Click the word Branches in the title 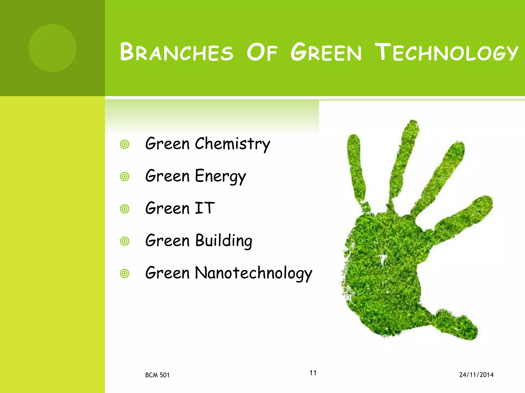(177, 52)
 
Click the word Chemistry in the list (232, 144)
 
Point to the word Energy (220, 177)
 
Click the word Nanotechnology (253, 273)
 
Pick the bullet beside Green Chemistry (125, 144)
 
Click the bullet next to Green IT (125, 209)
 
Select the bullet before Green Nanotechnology (125, 274)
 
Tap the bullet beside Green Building (125, 241)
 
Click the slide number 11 (313, 373)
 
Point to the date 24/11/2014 (476, 375)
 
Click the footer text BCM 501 (157, 375)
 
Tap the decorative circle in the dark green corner (53, 48)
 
